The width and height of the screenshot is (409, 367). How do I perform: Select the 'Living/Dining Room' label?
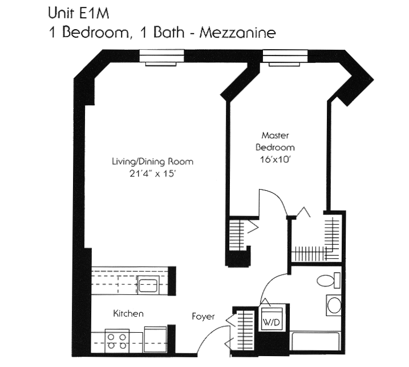[152, 162]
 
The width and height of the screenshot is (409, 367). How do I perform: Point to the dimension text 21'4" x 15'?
[152, 174]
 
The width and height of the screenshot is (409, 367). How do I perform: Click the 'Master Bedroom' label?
[275, 141]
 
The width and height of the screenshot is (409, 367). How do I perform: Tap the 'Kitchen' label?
[128, 314]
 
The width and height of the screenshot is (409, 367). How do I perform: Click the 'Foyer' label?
[203, 316]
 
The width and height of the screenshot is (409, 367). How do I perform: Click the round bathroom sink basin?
[333, 305]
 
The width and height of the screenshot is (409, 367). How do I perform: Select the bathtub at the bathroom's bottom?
[317, 342]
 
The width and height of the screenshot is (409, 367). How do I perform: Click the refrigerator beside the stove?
[155, 339]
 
